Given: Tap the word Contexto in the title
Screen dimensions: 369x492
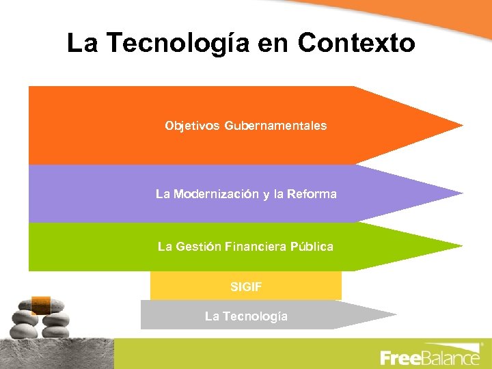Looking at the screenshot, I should (356, 44).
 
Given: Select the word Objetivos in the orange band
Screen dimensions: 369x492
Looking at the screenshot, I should (193, 126).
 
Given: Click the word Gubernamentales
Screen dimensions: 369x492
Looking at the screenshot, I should (275, 126).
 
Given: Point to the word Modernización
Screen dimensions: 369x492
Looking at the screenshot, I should (216, 194).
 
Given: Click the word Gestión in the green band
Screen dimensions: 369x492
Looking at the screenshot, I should (199, 247).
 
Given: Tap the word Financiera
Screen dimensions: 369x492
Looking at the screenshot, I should (257, 247).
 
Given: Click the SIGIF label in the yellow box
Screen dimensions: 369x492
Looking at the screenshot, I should (246, 287).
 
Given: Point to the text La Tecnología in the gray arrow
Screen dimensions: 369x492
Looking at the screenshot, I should (246, 316).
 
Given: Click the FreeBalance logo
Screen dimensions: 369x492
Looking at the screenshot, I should (430, 357).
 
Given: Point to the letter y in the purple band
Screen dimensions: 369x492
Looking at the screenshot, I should (264, 195).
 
